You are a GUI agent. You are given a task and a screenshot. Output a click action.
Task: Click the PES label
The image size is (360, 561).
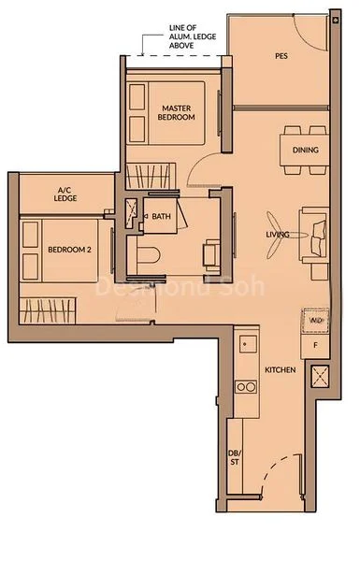281,56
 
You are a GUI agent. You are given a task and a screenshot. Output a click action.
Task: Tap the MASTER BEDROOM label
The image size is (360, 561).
176,112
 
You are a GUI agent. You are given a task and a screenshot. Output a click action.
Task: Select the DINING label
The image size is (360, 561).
305,151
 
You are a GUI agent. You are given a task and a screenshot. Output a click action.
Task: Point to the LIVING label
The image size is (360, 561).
277,234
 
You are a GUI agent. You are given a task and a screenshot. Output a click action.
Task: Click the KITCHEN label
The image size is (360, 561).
281,371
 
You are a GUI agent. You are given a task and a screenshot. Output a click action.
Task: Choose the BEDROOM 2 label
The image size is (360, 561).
68,249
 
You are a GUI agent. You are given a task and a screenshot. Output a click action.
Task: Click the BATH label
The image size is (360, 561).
162,217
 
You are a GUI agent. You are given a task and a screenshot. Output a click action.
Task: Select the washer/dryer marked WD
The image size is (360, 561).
315,319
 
